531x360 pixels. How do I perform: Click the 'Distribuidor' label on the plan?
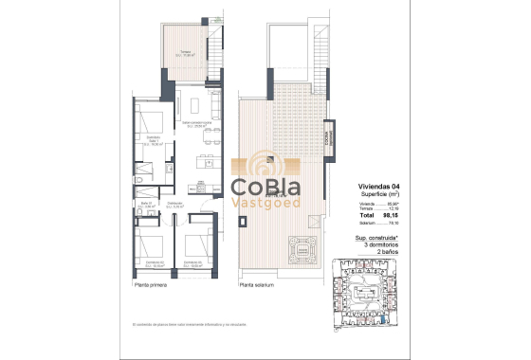tap(174, 203)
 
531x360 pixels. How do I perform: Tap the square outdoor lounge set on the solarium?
tap(303, 250)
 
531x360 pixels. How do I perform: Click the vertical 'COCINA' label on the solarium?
tap(329, 137)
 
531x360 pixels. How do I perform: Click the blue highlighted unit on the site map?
tap(382, 321)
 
